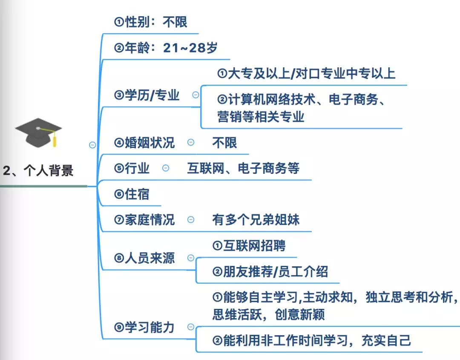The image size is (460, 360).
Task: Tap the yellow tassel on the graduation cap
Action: (x=54, y=140)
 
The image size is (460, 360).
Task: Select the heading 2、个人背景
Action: (x=38, y=170)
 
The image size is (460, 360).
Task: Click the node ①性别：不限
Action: (x=151, y=22)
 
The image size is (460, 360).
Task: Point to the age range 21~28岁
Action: (x=190, y=48)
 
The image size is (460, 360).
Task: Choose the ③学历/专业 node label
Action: (x=147, y=95)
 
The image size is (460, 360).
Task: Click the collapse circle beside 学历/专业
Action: (x=195, y=95)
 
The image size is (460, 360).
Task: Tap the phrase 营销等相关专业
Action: (x=261, y=116)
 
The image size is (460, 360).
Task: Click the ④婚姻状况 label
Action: (x=145, y=143)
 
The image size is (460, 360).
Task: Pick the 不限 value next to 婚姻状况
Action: (x=224, y=143)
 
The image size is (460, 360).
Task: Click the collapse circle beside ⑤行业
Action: (x=166, y=168)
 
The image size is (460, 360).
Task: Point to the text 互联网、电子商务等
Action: (x=243, y=168)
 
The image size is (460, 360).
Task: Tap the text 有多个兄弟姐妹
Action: (x=256, y=220)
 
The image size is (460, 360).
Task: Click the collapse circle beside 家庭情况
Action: (x=191, y=220)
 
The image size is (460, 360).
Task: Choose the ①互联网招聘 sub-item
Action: (x=249, y=246)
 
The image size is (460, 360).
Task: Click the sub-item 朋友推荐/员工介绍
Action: (x=270, y=272)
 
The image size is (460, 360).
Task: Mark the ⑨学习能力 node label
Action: (x=145, y=327)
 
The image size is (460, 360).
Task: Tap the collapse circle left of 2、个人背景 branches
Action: (x=92, y=145)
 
